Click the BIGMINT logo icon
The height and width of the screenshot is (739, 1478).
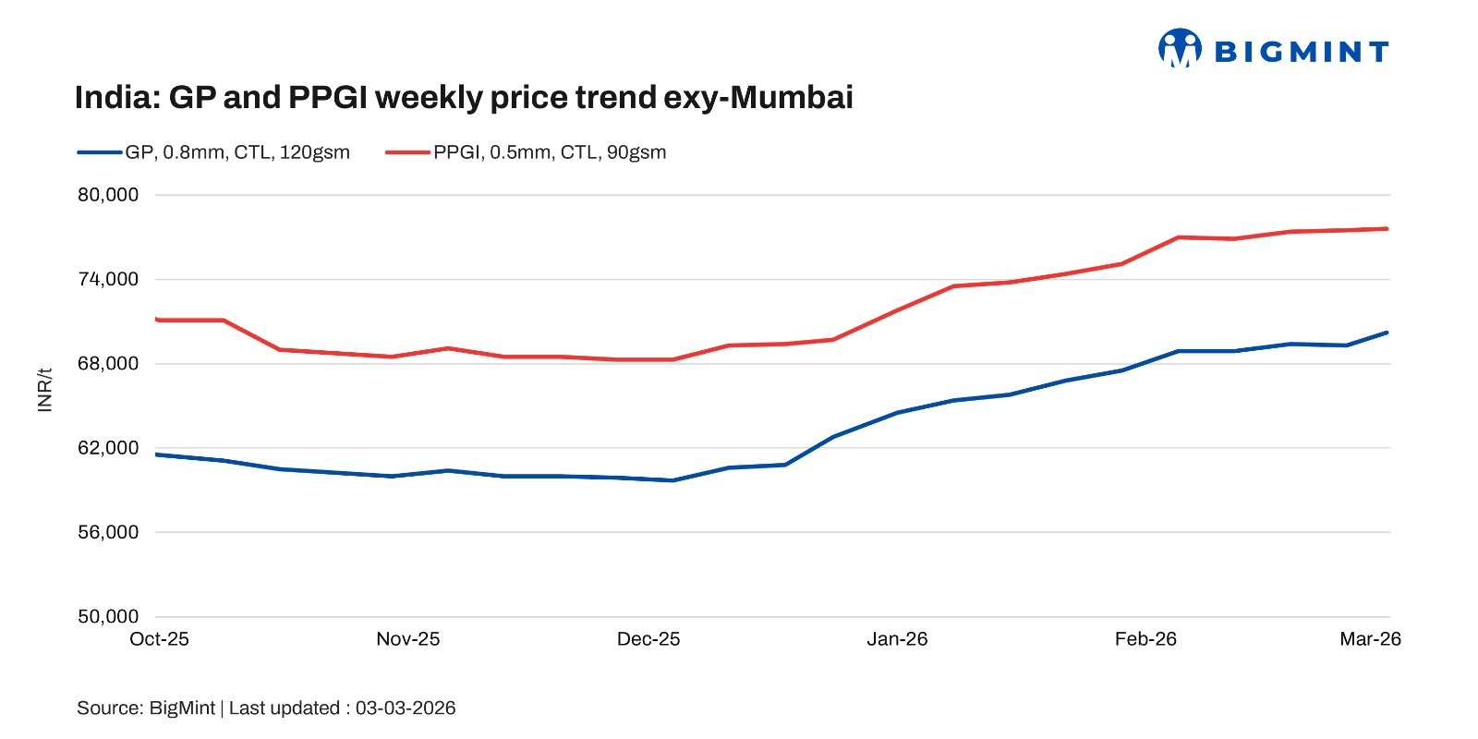(1180, 48)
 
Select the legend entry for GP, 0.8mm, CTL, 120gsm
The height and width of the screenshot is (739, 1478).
(236, 152)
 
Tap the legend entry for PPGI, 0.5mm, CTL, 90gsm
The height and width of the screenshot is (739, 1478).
(549, 152)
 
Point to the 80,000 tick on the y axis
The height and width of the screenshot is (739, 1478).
(108, 195)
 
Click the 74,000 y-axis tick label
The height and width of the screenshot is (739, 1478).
(108, 279)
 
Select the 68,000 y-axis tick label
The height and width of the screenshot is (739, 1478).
(108, 363)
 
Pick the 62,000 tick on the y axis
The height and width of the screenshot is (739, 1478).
(108, 448)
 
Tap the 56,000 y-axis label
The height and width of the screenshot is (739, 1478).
(108, 532)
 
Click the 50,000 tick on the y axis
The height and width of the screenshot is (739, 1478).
(108, 616)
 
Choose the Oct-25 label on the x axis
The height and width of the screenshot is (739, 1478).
(159, 639)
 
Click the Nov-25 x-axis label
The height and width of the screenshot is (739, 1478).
(408, 639)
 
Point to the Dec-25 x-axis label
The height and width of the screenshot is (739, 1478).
(648, 639)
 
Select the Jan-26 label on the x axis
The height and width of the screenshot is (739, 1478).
(897, 639)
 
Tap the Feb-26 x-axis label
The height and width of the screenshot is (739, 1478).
(1145, 639)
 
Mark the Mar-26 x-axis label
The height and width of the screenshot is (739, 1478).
(1370, 639)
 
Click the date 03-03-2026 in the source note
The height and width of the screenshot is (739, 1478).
(406, 709)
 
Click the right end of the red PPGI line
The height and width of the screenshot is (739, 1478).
(1387, 229)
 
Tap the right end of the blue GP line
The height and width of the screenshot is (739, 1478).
(1387, 333)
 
